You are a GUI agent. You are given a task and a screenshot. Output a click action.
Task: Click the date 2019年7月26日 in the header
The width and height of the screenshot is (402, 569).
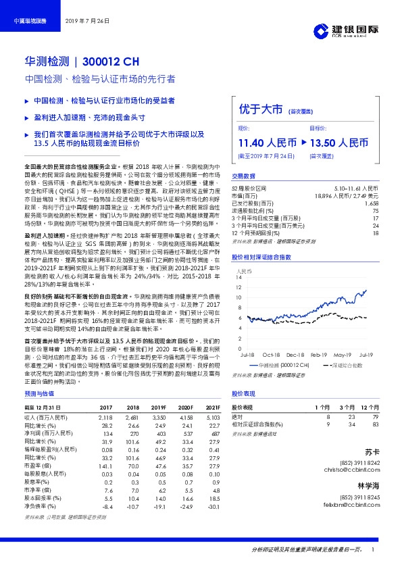coord(87,22)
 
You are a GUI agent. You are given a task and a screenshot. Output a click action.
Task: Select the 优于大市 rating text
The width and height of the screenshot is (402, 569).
coord(260,109)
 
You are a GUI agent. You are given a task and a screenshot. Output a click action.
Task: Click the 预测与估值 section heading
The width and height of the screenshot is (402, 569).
coord(39,393)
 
